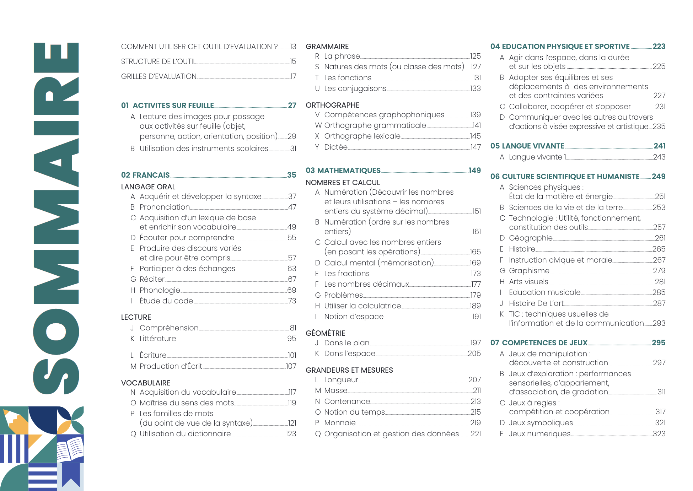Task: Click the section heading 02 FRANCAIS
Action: coord(145,175)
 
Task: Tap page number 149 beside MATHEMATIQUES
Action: coord(474,171)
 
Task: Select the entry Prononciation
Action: coord(165,207)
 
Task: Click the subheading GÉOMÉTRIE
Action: coord(325,333)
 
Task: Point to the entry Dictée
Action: coord(336,147)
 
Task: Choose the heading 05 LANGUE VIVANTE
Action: coord(527,146)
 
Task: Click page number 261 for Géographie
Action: coord(660,238)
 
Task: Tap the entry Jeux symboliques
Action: coord(541,423)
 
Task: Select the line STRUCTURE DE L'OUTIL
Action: coord(158,61)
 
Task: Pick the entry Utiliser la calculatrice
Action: coord(362,306)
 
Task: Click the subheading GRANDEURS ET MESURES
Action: coord(349,370)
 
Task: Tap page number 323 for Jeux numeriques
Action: coord(659,434)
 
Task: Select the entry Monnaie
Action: coord(340,423)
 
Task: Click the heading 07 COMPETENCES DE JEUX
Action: coord(539,343)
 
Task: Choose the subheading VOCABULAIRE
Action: coord(146,383)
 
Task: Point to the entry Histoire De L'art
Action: coord(536,303)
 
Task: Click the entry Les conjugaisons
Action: coord(355,88)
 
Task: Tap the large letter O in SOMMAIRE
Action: coord(56,332)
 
